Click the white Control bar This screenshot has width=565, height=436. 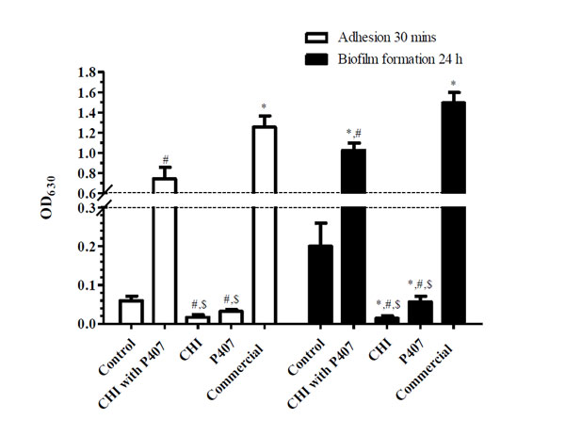coord(131,312)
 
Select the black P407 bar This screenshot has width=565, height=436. coord(421,312)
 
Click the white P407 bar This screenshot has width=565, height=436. coord(231,317)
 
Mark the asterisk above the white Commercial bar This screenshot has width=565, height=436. coord(264,106)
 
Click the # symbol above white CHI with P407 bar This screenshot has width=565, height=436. coord(165,159)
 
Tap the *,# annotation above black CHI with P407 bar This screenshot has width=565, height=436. coord(354,133)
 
